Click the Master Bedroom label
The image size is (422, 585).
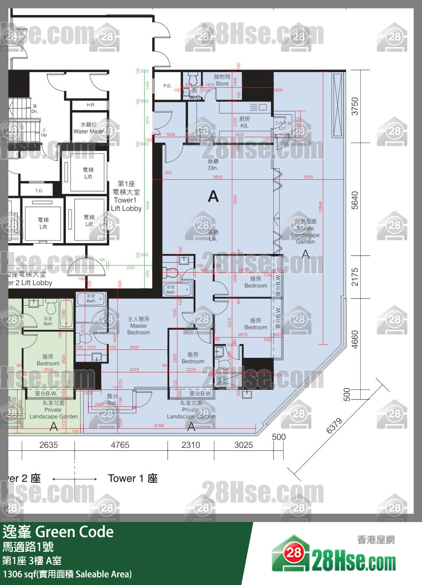pos(138,326)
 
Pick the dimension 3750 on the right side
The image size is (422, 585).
pos(354,106)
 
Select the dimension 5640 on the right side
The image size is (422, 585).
pos(354,200)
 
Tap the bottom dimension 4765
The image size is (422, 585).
pos(120,445)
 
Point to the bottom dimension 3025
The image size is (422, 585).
pos(244,445)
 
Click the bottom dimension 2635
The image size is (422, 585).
pos(48,445)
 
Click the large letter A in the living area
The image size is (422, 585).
pos(213,196)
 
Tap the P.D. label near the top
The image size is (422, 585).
pos(167,86)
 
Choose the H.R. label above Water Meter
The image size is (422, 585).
pos(90,105)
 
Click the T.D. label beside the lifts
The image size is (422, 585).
pos(39,191)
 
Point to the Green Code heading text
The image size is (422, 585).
pos(74,532)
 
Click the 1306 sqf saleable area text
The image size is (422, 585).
pos(67,574)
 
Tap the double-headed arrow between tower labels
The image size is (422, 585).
pos(75,479)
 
